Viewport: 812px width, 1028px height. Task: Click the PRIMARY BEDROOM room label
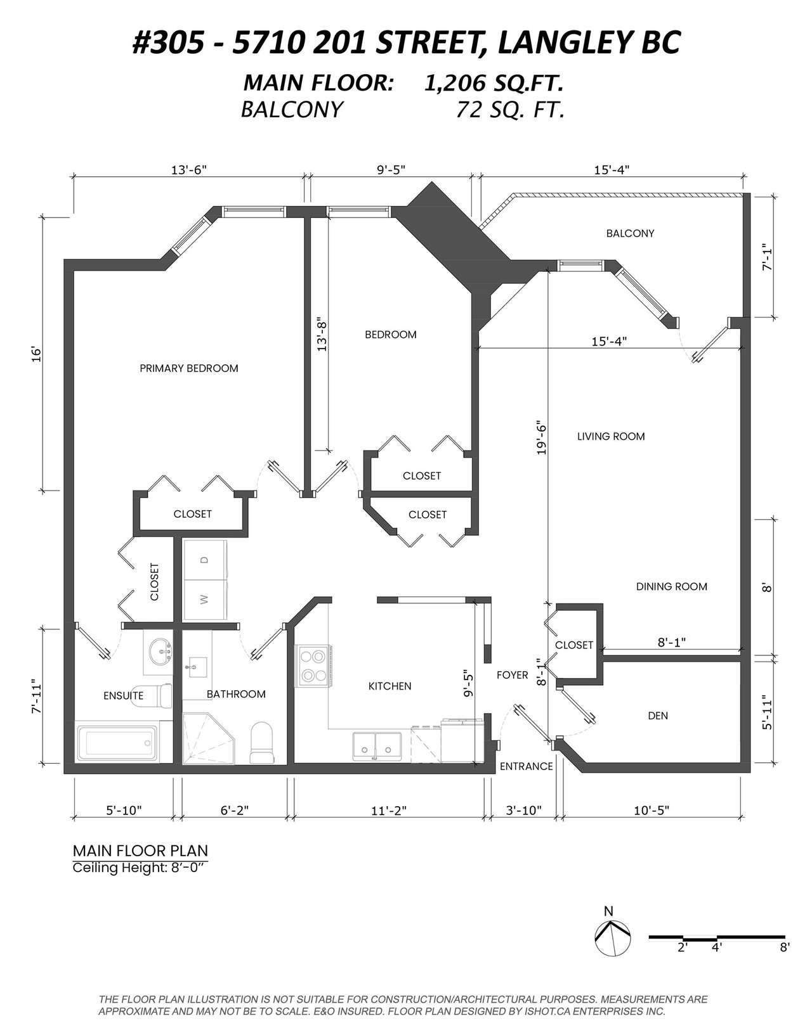click(x=189, y=368)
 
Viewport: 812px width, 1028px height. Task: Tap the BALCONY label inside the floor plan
click(x=630, y=233)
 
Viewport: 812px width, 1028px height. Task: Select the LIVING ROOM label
click(x=611, y=436)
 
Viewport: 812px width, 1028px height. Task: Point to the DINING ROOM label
click(x=671, y=587)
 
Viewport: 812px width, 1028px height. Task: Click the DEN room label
click(x=658, y=716)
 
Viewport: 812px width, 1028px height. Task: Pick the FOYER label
click(x=512, y=675)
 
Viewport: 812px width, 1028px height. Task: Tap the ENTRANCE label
click(x=526, y=766)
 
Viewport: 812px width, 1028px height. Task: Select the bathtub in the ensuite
click(x=117, y=744)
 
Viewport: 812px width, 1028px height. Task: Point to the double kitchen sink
click(x=377, y=746)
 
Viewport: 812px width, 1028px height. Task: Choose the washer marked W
click(x=205, y=600)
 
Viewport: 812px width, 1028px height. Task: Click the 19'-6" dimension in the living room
click(x=541, y=437)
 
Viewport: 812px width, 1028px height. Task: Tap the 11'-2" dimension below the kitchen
click(x=388, y=811)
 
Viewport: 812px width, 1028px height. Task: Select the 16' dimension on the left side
click(x=37, y=354)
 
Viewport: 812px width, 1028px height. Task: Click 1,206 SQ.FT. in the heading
click(x=494, y=84)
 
